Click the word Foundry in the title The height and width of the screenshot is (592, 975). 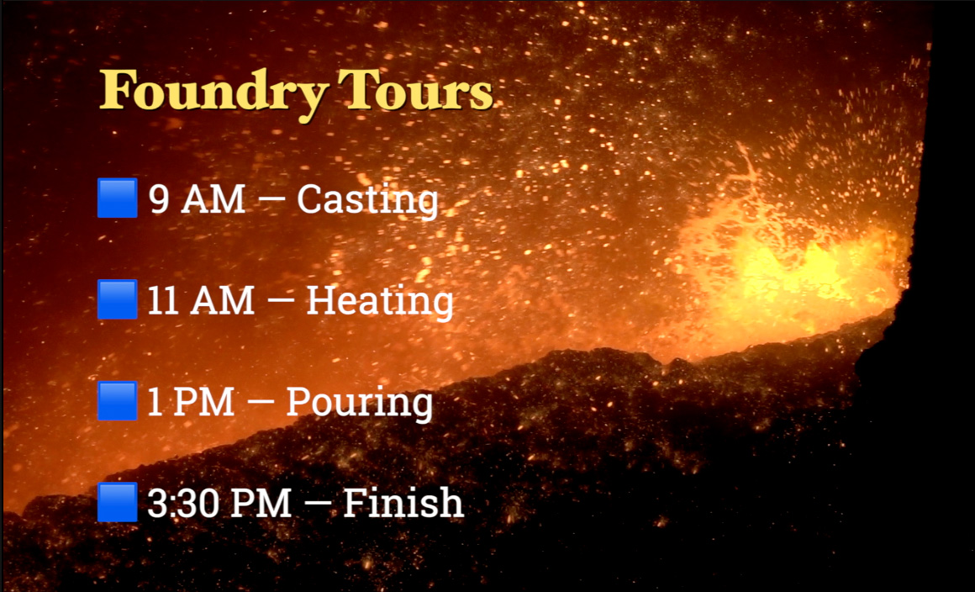pos(213,94)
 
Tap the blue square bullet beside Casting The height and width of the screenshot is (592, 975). pos(118,198)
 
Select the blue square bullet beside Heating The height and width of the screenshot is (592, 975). pos(118,299)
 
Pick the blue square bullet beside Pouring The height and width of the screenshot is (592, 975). pos(118,400)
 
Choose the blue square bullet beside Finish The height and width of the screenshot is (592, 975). pos(118,502)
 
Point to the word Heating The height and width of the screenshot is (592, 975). pos(379,303)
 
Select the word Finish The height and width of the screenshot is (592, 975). pos(403,502)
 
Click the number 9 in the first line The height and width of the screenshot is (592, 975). pos(159,199)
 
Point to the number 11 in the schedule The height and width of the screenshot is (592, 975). pos(164,300)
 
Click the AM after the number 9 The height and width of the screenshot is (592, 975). pos(213,199)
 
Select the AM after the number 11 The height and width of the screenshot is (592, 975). pos(223,300)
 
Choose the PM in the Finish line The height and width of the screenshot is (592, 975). pos(260,503)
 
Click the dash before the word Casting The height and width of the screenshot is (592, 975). pos(271,200)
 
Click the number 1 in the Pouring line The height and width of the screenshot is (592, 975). pos(154,402)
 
